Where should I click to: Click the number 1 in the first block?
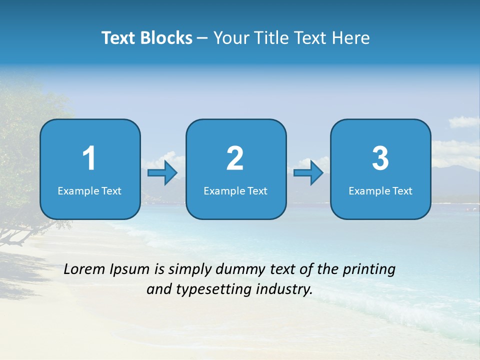(89, 158)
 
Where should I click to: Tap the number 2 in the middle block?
(235, 158)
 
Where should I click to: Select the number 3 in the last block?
(380, 158)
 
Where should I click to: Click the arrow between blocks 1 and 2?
(162, 173)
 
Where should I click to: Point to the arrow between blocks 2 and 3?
(308, 173)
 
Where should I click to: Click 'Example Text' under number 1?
(89, 190)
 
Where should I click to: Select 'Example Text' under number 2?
(235, 190)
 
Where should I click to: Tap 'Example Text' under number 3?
(380, 190)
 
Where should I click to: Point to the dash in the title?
(203, 38)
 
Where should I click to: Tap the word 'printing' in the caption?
(369, 270)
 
